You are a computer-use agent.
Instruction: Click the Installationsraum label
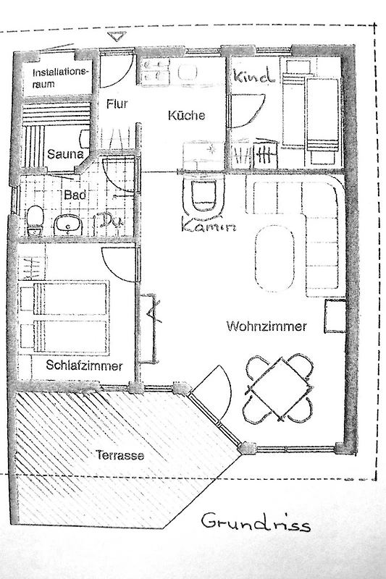click(x=60, y=77)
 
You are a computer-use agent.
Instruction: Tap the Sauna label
click(x=65, y=154)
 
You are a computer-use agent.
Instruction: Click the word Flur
click(x=117, y=103)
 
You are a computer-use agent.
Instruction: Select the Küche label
click(x=186, y=115)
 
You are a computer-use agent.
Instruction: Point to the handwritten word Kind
click(x=254, y=76)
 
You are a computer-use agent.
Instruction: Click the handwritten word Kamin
click(x=209, y=225)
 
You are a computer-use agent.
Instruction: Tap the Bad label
click(x=75, y=195)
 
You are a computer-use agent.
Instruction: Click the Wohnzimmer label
click(x=267, y=326)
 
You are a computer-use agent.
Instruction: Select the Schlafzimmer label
click(x=84, y=365)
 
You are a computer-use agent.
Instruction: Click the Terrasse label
click(x=120, y=455)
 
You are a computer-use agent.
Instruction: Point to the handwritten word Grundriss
click(x=256, y=522)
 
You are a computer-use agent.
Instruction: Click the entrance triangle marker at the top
click(x=117, y=37)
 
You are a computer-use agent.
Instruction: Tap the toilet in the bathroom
click(x=35, y=221)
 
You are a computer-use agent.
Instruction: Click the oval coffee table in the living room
click(x=275, y=258)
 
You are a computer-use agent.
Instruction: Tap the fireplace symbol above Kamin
click(x=204, y=195)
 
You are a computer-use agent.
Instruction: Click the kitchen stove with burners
click(x=155, y=70)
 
